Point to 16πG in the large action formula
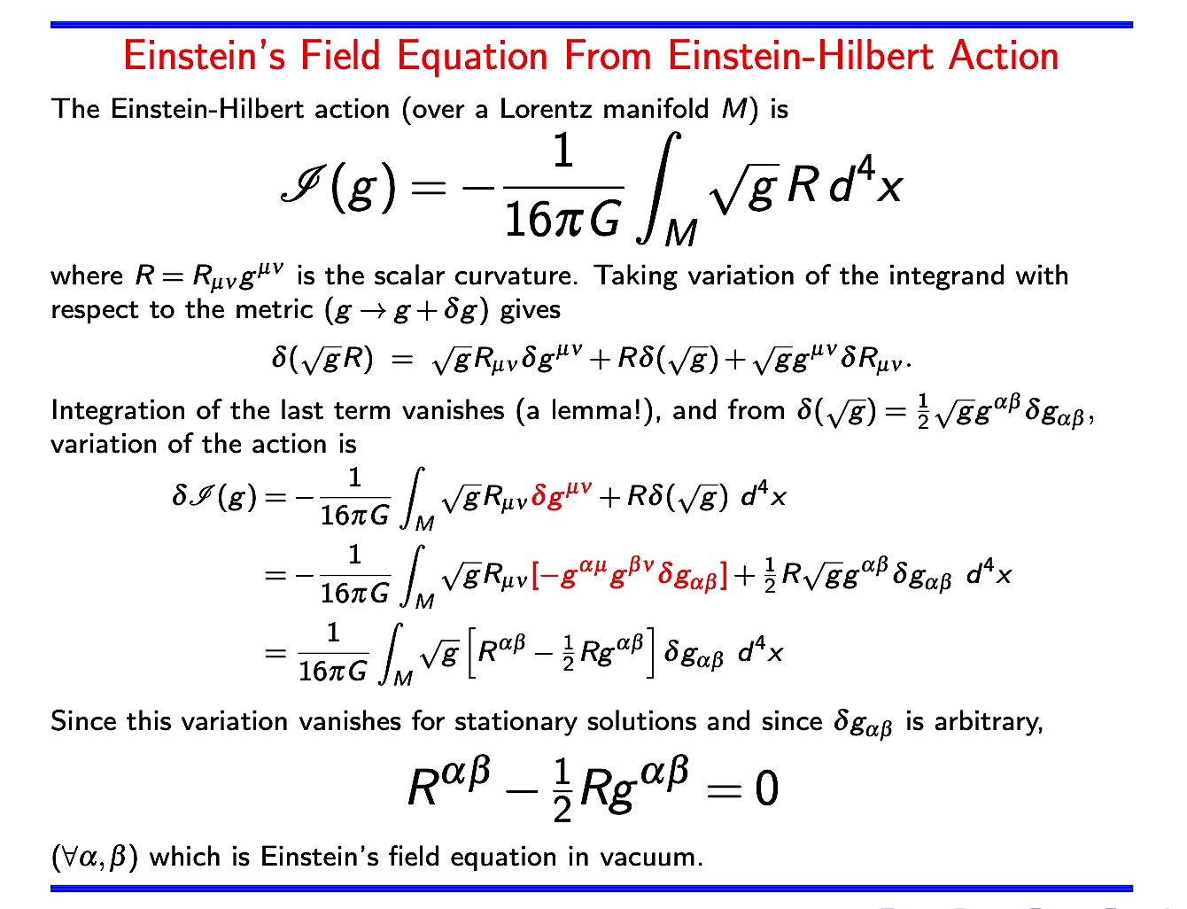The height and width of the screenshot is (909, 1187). (x=562, y=218)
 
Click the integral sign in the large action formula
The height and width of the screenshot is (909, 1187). (x=659, y=186)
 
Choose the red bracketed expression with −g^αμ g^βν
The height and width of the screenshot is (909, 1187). (x=630, y=575)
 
